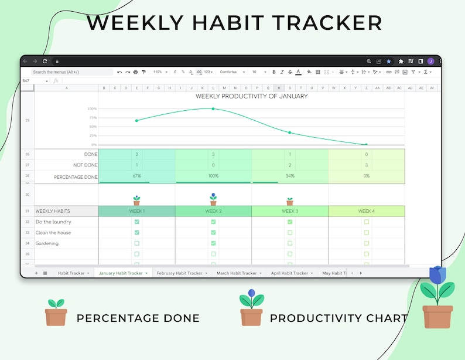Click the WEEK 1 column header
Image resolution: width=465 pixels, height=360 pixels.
tap(136, 211)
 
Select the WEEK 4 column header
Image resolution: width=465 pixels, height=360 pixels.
tap(366, 211)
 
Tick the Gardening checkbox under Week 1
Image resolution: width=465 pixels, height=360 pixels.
tap(136, 243)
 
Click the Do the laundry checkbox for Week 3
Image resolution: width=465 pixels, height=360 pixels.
tap(290, 222)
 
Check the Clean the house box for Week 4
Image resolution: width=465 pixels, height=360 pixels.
tap(367, 233)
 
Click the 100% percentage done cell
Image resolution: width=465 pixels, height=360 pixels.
tap(213, 176)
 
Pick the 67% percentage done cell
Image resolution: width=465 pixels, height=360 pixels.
tap(136, 176)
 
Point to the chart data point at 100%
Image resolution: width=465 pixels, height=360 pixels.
tap(213, 108)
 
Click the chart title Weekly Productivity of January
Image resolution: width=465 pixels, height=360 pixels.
tap(251, 96)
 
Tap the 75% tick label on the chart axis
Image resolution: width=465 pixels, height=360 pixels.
tap(93, 118)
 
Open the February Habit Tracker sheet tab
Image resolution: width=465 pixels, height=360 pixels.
tap(180, 273)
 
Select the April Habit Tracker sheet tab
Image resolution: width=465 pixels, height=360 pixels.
tap(289, 273)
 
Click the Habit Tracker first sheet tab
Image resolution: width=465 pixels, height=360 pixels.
tap(71, 273)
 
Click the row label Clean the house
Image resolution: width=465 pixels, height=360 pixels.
tap(53, 233)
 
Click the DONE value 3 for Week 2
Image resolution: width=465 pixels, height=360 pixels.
tap(213, 155)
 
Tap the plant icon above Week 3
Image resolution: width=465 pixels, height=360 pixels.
tap(290, 201)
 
